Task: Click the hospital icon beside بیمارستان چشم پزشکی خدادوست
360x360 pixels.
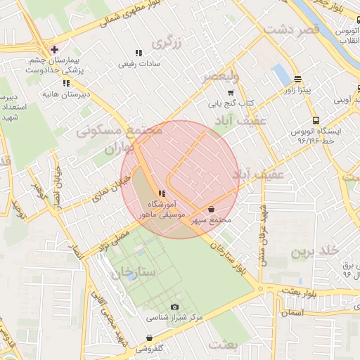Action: (54, 49)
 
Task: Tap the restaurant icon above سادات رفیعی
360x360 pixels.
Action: (139, 53)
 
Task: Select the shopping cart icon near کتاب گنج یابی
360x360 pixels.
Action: (231, 92)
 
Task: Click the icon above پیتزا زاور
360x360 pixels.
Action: (298, 79)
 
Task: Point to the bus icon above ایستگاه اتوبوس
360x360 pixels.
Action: (316, 120)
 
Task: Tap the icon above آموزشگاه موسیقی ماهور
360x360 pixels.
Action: (162, 193)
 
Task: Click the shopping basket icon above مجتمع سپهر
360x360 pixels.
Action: (212, 209)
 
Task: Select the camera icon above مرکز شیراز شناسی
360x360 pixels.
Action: (174, 307)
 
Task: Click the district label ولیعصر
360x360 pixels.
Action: (220, 75)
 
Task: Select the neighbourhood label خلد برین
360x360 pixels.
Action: (316, 251)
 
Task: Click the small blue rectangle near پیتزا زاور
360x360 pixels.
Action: (282, 74)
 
